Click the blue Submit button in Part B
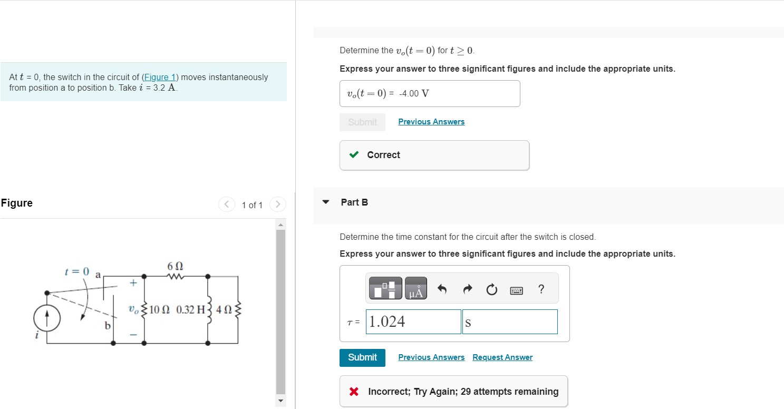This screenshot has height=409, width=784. [362, 357]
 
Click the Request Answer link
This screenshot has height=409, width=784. [502, 357]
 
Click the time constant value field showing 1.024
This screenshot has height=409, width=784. [413, 322]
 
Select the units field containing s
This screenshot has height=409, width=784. [509, 322]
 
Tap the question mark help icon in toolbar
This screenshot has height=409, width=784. [540, 289]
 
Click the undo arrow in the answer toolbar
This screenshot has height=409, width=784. [442, 290]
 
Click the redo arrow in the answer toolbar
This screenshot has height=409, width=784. [467, 290]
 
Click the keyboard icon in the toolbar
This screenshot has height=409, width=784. [516, 290]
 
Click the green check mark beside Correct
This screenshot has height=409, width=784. [354, 155]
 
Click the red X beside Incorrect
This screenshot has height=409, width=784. [354, 392]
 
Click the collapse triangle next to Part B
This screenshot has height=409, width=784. [326, 202]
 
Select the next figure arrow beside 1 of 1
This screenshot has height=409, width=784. [278, 204]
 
